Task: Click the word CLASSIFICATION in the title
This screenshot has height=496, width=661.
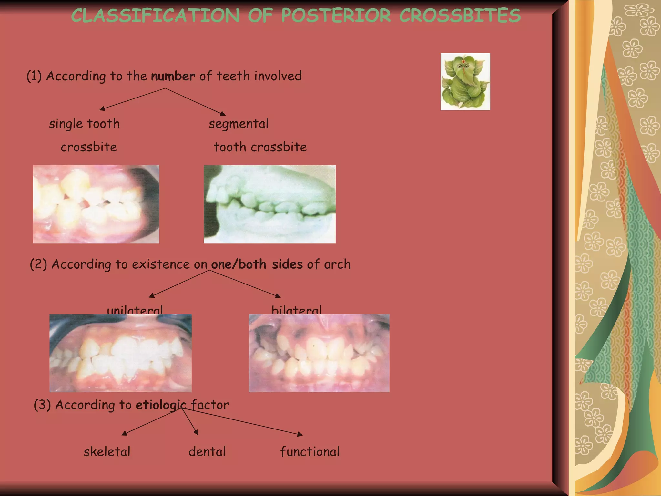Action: pyautogui.click(x=155, y=15)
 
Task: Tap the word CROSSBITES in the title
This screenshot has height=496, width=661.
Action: pyautogui.click(x=460, y=15)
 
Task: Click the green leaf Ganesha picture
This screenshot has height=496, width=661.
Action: pyautogui.click(x=465, y=82)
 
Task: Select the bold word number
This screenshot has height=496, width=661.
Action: pyautogui.click(x=173, y=76)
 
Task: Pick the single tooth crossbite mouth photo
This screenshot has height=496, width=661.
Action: pyautogui.click(x=96, y=204)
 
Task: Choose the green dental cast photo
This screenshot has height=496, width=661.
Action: pyautogui.click(x=269, y=204)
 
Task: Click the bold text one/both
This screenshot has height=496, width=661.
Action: pyautogui.click(x=239, y=264)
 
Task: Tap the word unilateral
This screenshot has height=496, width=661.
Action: pyautogui.click(x=135, y=310)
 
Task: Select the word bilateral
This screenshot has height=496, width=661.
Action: pyautogui.click(x=296, y=310)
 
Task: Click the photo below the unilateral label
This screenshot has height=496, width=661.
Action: pyautogui.click(x=120, y=353)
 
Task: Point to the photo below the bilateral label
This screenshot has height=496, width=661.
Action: pyautogui.click(x=319, y=353)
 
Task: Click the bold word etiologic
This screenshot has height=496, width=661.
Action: pyautogui.click(x=161, y=405)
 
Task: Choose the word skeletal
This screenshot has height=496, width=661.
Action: pyautogui.click(x=107, y=452)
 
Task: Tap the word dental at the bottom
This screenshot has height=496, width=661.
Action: pyautogui.click(x=207, y=452)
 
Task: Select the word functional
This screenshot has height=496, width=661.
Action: pyautogui.click(x=310, y=452)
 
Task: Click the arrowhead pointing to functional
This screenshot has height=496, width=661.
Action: pyautogui.click(x=300, y=435)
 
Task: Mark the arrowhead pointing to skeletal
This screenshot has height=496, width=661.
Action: pyautogui.click(x=124, y=433)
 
